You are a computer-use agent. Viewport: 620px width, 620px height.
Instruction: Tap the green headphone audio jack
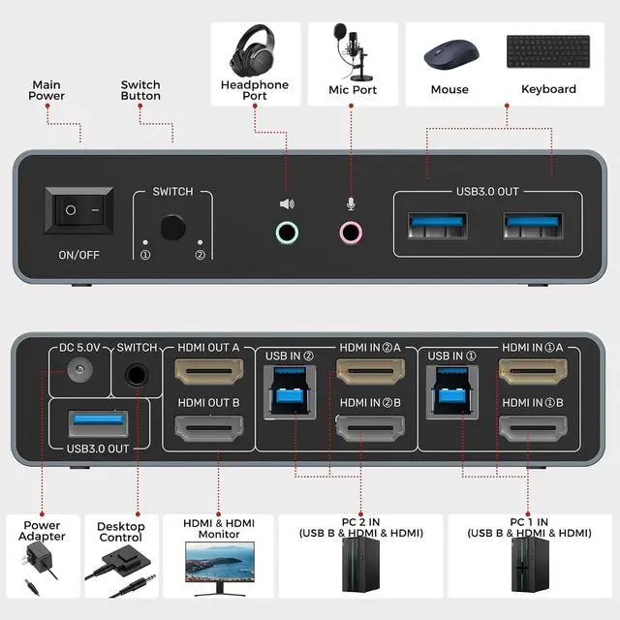click(287, 232)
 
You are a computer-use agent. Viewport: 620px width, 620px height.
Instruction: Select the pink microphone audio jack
click(351, 232)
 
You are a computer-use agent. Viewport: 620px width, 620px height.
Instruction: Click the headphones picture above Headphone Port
click(254, 49)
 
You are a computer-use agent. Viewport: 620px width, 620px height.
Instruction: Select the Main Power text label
click(46, 90)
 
